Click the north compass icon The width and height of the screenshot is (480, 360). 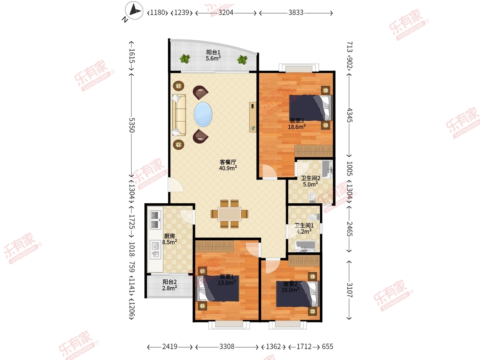tap(134, 10)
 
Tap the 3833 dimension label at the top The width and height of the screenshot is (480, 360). tap(296, 13)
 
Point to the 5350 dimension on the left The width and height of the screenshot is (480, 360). tap(132, 125)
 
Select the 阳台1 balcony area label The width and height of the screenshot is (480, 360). tap(213, 52)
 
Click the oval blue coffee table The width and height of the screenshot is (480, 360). tap(203, 114)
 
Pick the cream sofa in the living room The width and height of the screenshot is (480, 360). tap(179, 115)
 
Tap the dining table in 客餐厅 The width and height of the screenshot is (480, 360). tap(229, 214)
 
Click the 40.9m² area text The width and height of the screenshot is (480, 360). tap(228, 168)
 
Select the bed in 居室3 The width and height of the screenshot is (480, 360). tap(310, 108)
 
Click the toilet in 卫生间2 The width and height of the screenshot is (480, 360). tap(312, 197)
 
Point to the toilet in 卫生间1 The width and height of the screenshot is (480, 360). tap(314, 217)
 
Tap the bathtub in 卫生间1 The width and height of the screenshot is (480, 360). tap(305, 246)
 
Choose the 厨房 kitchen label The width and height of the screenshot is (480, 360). tap(170, 236)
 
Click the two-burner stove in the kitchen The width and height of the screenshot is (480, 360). tap(155, 220)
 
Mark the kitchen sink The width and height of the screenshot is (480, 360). tap(155, 250)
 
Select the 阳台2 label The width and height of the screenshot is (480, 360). tap(170, 282)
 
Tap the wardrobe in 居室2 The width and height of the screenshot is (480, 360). tap(304, 260)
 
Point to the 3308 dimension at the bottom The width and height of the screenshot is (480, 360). tap(227, 346)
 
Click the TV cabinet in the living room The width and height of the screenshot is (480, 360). tap(253, 117)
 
